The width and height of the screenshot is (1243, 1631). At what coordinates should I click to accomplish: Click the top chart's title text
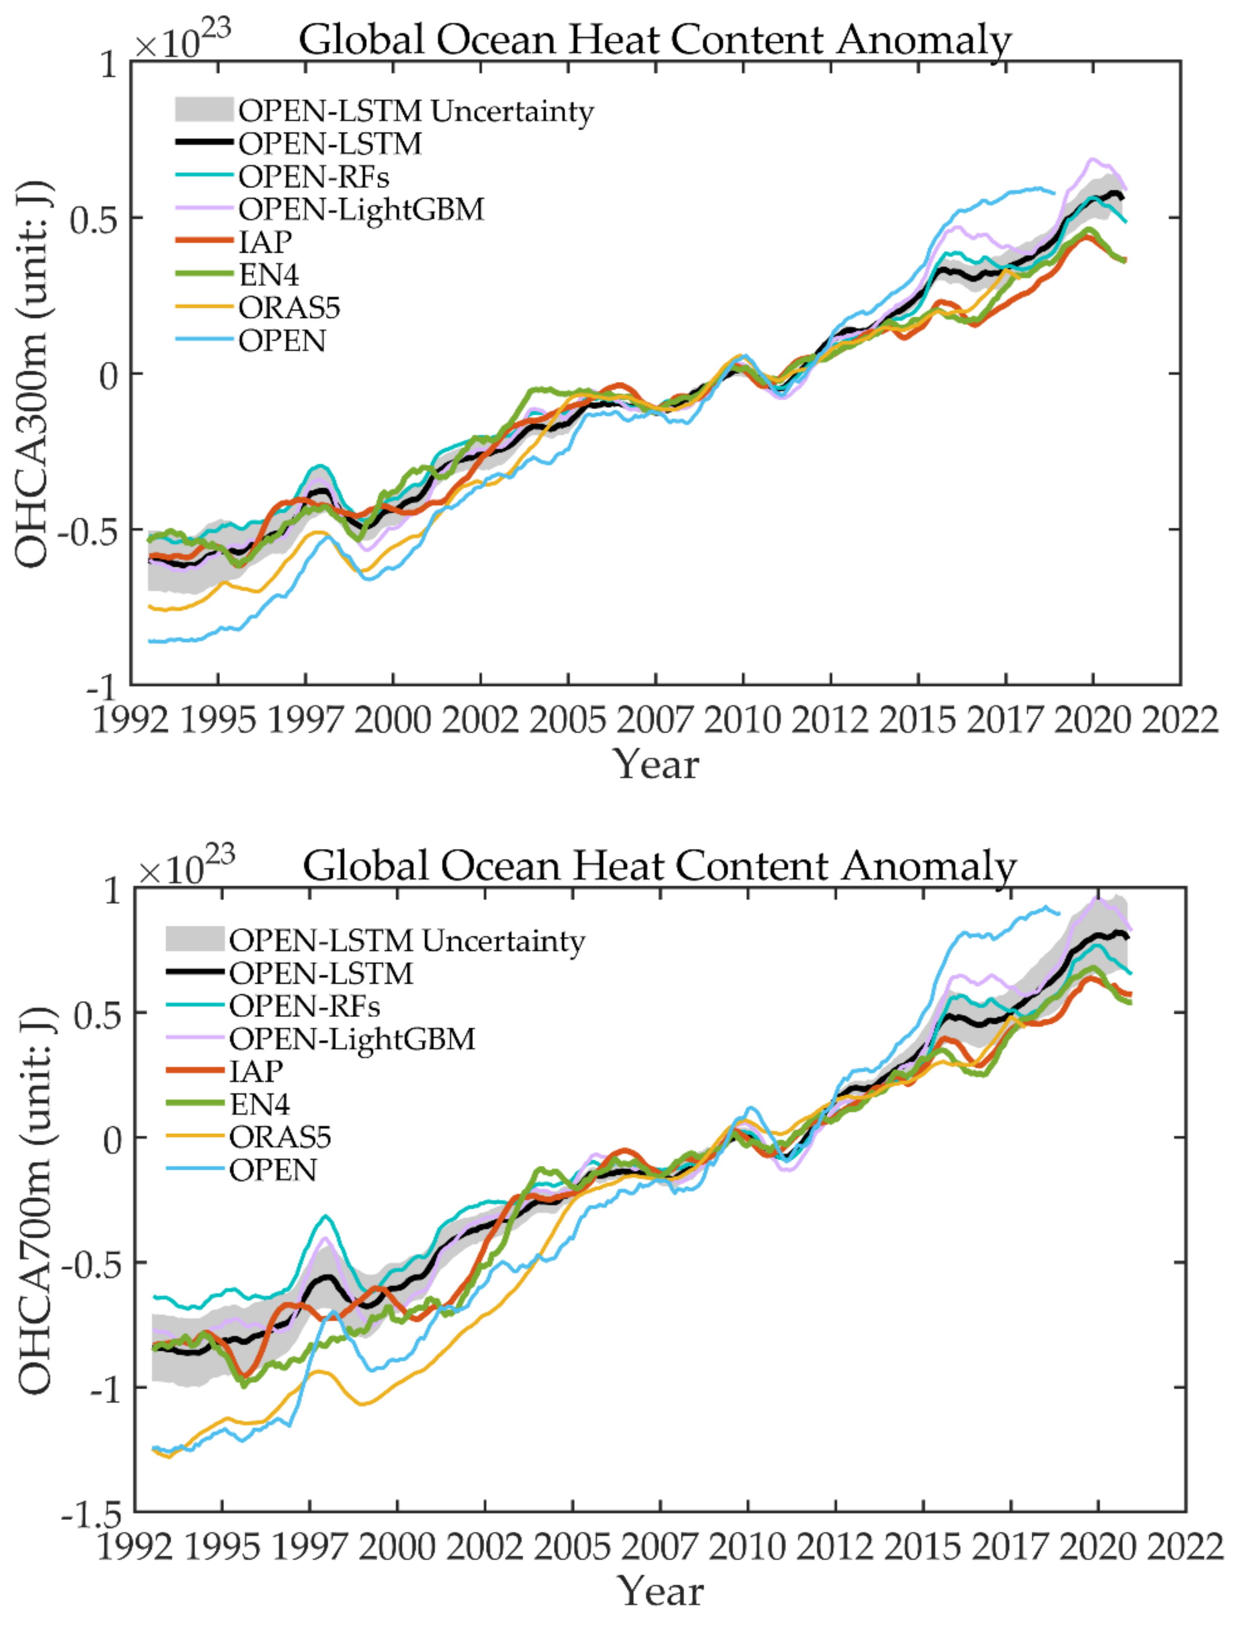click(x=655, y=39)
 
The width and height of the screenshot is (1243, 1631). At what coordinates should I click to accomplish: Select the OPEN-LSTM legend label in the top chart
click(x=329, y=143)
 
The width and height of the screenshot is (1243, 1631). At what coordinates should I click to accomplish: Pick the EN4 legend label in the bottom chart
click(x=259, y=1104)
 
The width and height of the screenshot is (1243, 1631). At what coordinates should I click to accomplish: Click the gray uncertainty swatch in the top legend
click(x=203, y=110)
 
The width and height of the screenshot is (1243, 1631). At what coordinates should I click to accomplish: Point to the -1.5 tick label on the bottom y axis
click(x=91, y=1517)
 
